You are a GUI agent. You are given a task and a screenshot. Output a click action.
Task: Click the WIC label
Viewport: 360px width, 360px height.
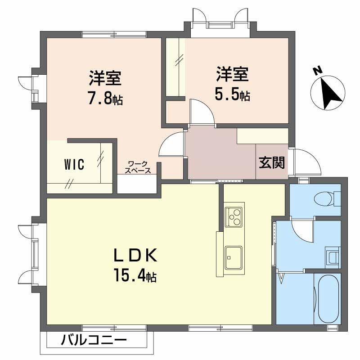74,165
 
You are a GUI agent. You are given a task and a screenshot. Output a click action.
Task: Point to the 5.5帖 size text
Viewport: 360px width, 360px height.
232,95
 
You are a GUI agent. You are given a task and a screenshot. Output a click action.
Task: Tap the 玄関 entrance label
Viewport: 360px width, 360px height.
271,162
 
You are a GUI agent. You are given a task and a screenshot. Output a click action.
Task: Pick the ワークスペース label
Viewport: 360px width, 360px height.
137,167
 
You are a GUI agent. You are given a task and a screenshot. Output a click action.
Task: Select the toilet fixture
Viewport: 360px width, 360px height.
326,198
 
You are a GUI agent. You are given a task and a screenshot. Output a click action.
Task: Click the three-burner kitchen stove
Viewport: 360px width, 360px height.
234,217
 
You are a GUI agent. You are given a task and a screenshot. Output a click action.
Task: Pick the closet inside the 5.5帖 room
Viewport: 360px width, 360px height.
175,67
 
